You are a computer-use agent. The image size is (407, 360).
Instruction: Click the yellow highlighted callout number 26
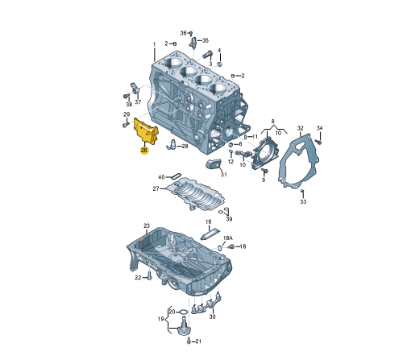coord(144,150)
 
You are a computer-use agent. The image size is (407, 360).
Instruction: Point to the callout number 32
coord(300,129)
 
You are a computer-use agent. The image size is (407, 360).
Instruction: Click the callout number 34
coord(319,129)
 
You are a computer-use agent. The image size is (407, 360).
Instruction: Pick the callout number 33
coord(303,202)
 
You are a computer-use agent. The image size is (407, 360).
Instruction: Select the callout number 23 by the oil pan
coord(147,226)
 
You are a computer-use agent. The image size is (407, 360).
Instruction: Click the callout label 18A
coord(227,238)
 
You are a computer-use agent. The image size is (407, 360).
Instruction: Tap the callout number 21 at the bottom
coord(199,341)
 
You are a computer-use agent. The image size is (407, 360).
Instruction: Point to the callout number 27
coord(156,189)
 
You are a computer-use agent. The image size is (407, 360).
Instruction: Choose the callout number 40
coord(161,177)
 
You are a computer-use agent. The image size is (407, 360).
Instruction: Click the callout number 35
coord(205,40)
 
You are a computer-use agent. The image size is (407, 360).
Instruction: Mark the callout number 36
coord(183,33)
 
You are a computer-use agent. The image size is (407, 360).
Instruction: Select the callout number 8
coord(272,120)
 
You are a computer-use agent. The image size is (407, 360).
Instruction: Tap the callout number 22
coord(138,278)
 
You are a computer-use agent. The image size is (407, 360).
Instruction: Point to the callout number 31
coord(223,174)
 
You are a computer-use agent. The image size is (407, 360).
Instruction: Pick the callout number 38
coord(127,104)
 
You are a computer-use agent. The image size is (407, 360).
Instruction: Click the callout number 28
coord(185,147)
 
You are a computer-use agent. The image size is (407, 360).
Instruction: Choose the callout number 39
coord(228,219)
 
